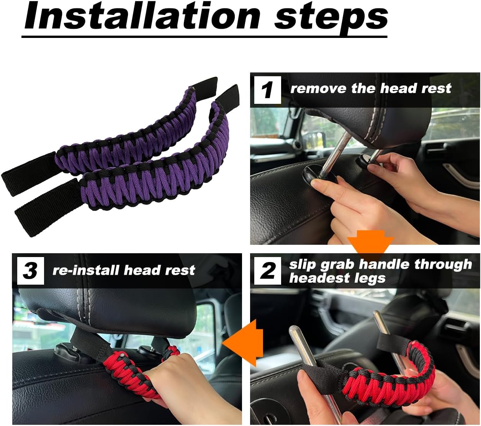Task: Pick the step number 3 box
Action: [x=30, y=271]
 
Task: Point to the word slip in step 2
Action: [x=303, y=264]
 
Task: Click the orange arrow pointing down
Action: [x=370, y=246]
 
